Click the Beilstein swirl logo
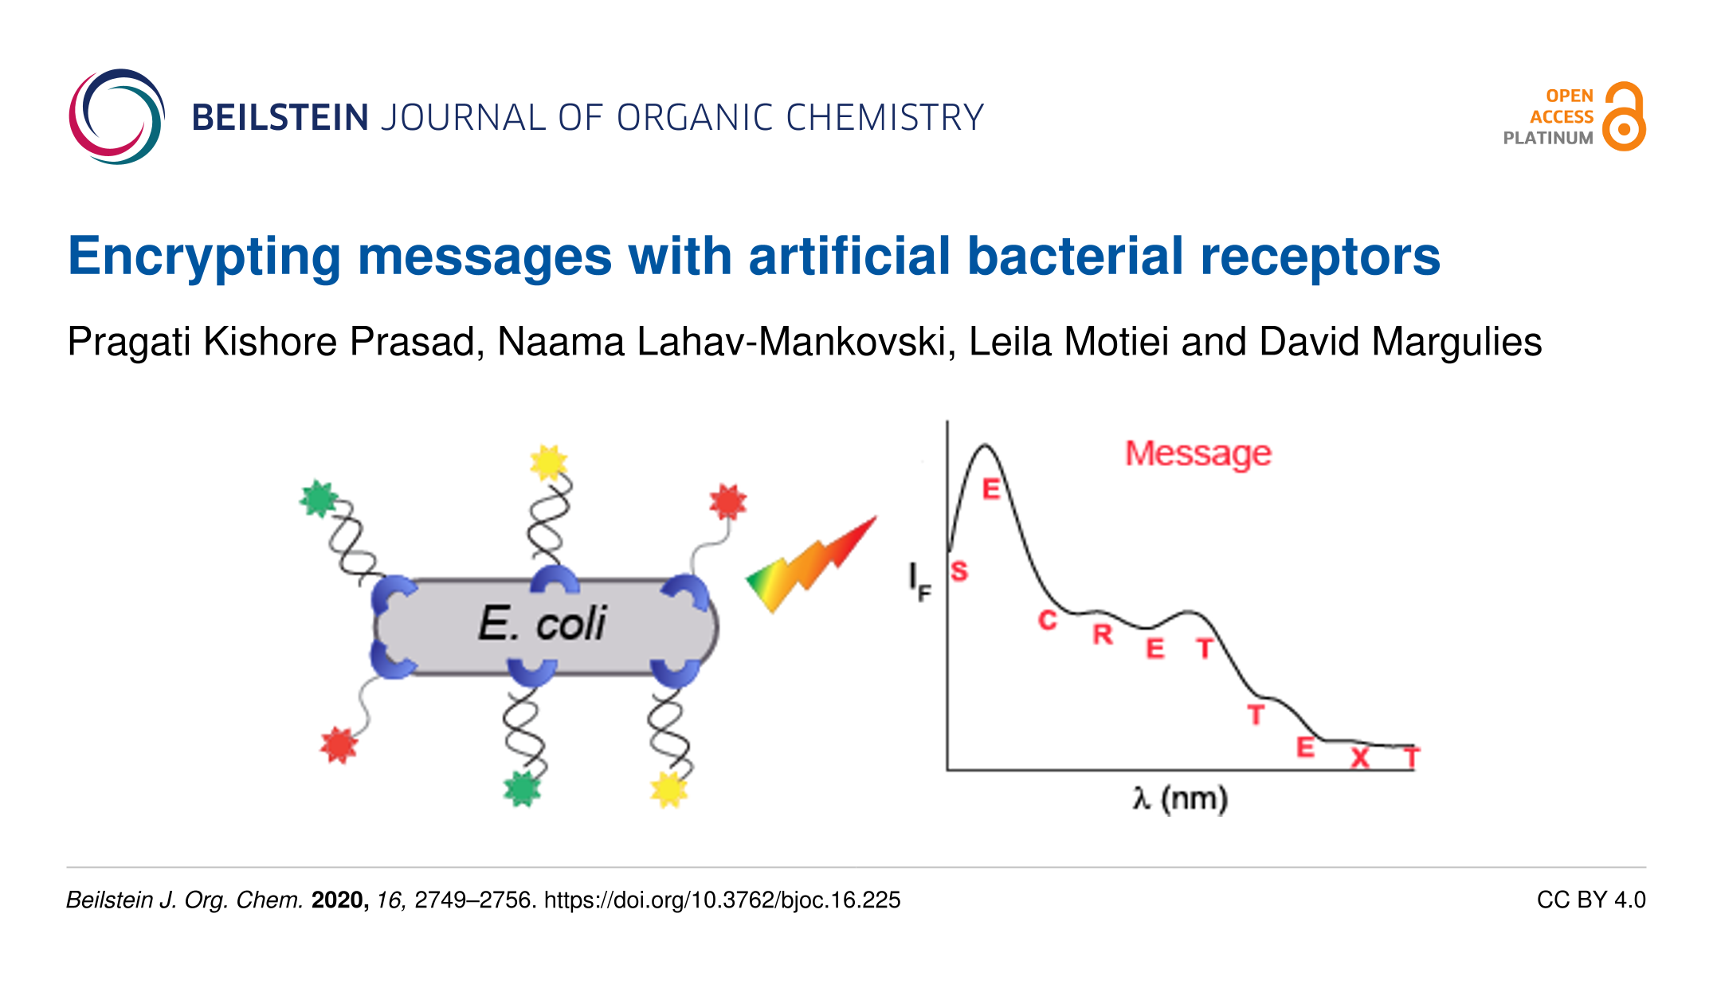click(x=116, y=116)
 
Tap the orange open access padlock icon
click(x=1624, y=116)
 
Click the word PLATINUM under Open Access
click(x=1548, y=138)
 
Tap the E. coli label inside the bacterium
click(x=542, y=623)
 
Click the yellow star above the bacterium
click(x=548, y=463)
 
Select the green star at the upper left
click(x=319, y=500)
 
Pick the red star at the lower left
click(x=339, y=745)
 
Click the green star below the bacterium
click(x=523, y=789)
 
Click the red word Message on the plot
click(x=1198, y=454)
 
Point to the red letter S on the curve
click(x=959, y=571)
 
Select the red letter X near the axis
click(x=1360, y=757)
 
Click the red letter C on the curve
click(x=1048, y=621)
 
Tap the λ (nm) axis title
click(x=1180, y=799)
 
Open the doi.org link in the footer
click(x=722, y=900)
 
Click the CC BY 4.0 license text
click(x=1591, y=900)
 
